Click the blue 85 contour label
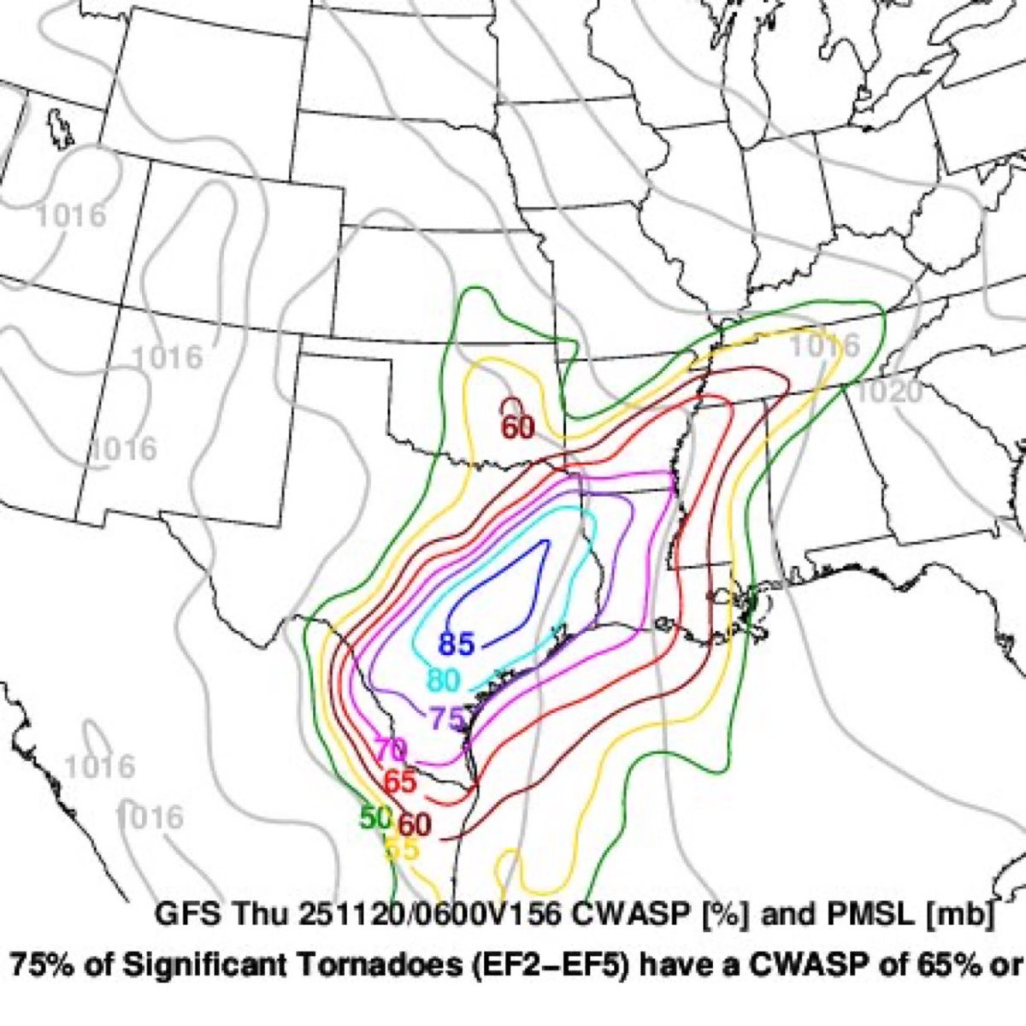coord(457,644)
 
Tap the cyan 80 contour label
coord(444,681)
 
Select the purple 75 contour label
coord(445,717)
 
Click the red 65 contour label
coord(399,781)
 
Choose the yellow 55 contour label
coord(401,849)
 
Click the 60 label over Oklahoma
coord(516,427)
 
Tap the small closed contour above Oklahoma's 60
coord(512,404)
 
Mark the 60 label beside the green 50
coord(415,824)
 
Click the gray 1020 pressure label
coord(889,392)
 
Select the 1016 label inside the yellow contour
coord(823,346)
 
